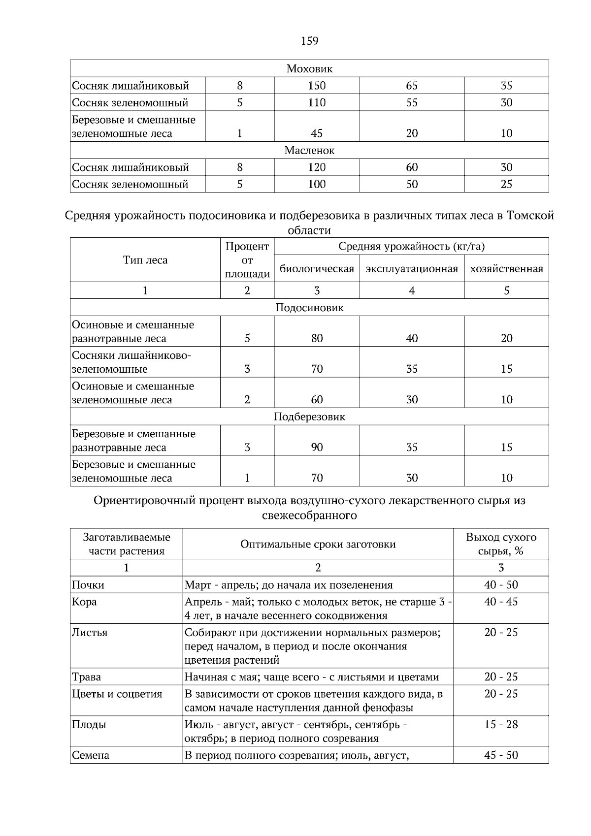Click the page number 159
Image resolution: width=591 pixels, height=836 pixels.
[x=309, y=41]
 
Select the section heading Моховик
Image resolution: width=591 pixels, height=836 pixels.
[x=309, y=69]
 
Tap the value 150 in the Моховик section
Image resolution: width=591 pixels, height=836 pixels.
[x=317, y=86]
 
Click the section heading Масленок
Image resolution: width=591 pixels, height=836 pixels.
[x=309, y=151]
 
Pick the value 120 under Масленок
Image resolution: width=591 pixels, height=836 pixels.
[x=317, y=167]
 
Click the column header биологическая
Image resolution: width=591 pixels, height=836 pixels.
[x=317, y=269]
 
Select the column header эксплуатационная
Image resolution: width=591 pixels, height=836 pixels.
[x=412, y=269]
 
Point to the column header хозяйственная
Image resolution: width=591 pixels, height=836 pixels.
[x=506, y=269]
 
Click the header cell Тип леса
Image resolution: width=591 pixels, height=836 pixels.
[x=145, y=260]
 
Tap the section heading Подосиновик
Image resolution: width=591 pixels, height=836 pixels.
[x=309, y=308]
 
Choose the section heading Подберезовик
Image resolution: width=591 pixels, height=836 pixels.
[x=309, y=417]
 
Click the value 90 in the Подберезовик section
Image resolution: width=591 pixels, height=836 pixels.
[x=317, y=447]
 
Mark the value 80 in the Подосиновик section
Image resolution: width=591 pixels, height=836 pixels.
[x=317, y=338]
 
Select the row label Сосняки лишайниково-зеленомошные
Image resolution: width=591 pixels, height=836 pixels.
[x=131, y=362]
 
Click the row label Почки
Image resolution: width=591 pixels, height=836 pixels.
[x=88, y=585]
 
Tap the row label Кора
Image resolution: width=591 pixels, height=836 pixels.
[x=84, y=602]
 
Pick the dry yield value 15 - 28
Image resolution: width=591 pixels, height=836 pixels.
[x=501, y=724]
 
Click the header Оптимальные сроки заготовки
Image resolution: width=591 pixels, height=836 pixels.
[x=318, y=544]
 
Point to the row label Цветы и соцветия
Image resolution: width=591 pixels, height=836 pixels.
[x=117, y=694]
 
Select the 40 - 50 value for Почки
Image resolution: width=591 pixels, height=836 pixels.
[x=501, y=585]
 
